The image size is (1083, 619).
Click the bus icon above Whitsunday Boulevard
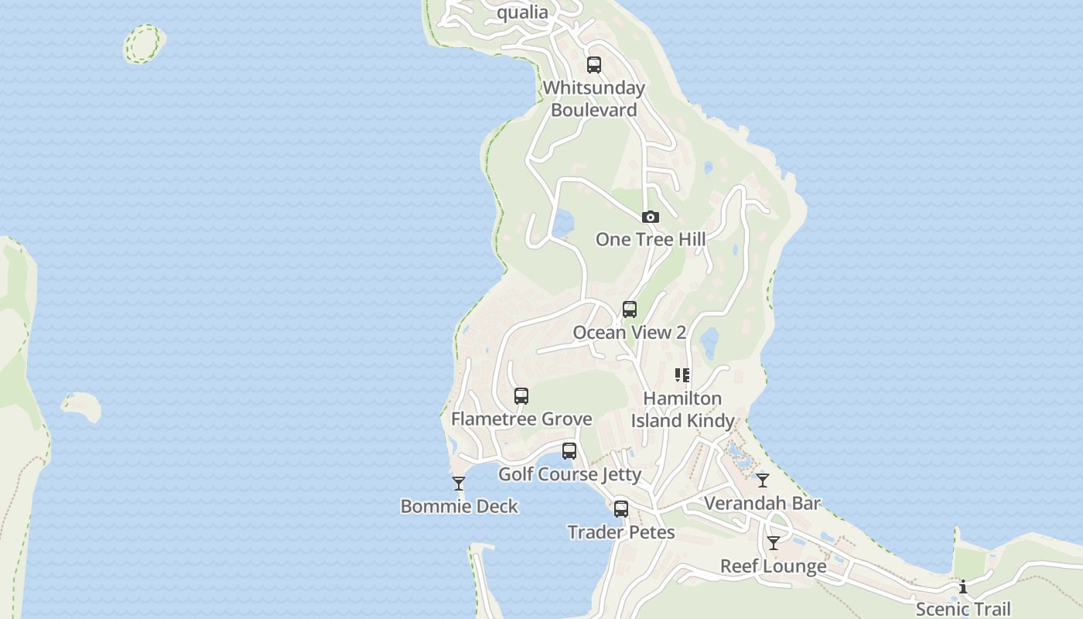click(x=594, y=65)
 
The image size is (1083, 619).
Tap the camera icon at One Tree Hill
click(x=651, y=217)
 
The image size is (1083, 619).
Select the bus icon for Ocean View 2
click(x=630, y=309)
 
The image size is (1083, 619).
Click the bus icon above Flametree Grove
click(x=521, y=396)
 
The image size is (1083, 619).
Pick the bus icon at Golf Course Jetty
click(x=569, y=451)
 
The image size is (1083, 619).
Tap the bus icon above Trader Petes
click(x=621, y=509)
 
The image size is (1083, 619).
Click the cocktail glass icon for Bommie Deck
click(x=459, y=484)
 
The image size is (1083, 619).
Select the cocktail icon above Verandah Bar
click(x=763, y=480)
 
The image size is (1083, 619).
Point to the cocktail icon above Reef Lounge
click(x=773, y=543)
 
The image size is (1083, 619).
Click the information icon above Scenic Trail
click(x=963, y=587)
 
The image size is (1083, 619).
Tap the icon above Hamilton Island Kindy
click(x=682, y=375)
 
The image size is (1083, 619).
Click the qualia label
click(x=522, y=12)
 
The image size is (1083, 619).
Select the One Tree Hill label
click(x=650, y=239)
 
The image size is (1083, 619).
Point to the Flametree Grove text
click(x=521, y=419)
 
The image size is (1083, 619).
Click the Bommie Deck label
click(x=459, y=507)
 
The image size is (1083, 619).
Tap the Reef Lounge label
click(x=773, y=566)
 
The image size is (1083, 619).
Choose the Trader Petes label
click(x=621, y=532)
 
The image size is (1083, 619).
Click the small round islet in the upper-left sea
click(x=144, y=43)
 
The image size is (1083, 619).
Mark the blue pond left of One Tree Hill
click(x=562, y=224)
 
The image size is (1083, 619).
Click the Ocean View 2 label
click(x=629, y=333)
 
